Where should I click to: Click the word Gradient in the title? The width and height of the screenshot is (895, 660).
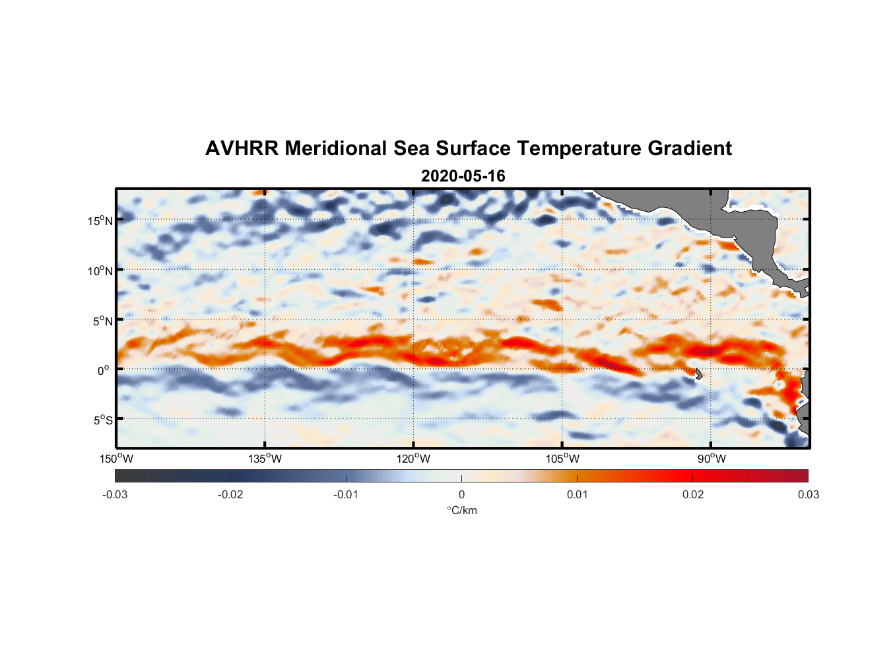pyautogui.click(x=689, y=148)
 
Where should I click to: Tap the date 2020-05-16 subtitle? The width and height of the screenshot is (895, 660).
pyautogui.click(x=463, y=176)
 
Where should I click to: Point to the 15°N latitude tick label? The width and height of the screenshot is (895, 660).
pyautogui.click(x=100, y=220)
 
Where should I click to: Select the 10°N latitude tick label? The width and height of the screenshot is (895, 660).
pyautogui.click(x=100, y=271)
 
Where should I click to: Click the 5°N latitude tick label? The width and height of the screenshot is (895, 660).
pyautogui.click(x=102, y=321)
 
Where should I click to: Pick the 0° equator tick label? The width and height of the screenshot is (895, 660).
pyautogui.click(x=104, y=370)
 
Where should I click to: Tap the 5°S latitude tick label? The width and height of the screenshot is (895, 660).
pyautogui.click(x=102, y=420)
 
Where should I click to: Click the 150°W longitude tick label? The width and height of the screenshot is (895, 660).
pyautogui.click(x=116, y=459)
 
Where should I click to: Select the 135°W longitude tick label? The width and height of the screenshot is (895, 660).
pyautogui.click(x=265, y=459)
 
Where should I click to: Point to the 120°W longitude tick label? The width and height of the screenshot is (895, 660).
pyautogui.click(x=413, y=459)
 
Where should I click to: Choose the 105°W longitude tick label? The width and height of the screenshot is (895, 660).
pyautogui.click(x=562, y=459)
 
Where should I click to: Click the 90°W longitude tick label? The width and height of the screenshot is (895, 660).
pyautogui.click(x=711, y=459)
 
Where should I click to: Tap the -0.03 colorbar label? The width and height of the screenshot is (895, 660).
pyautogui.click(x=115, y=494)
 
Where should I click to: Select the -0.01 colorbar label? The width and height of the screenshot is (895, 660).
pyautogui.click(x=346, y=494)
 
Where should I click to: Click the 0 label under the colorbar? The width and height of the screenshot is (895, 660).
pyautogui.click(x=461, y=494)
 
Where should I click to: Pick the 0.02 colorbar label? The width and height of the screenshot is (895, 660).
pyautogui.click(x=693, y=494)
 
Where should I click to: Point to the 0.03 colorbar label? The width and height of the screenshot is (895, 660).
pyautogui.click(x=808, y=494)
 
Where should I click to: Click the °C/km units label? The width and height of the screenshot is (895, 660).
pyautogui.click(x=461, y=510)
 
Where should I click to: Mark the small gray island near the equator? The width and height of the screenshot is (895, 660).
pyautogui.click(x=698, y=374)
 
